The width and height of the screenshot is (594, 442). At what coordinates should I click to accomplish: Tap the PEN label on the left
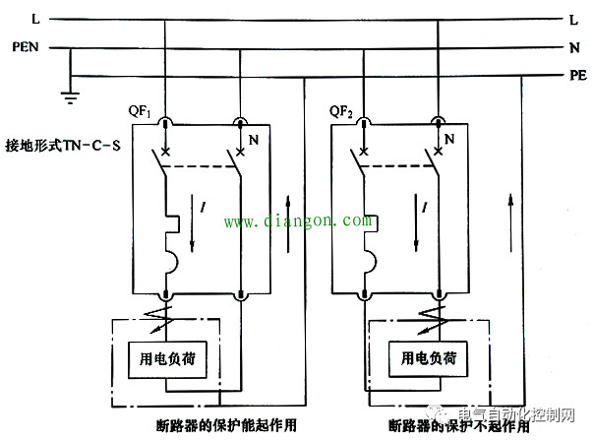pyautogui.click(x=25, y=45)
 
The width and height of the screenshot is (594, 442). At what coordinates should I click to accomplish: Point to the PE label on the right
pyautogui.click(x=577, y=75)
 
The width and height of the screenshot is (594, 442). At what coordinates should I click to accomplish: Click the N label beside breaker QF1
pyautogui.click(x=253, y=141)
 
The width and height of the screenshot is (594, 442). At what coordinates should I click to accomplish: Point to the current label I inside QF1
pyautogui.click(x=204, y=208)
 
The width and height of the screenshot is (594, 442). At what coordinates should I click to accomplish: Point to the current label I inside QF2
pyautogui.click(x=424, y=208)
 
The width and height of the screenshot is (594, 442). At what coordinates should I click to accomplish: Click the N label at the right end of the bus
pyautogui.click(x=574, y=46)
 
